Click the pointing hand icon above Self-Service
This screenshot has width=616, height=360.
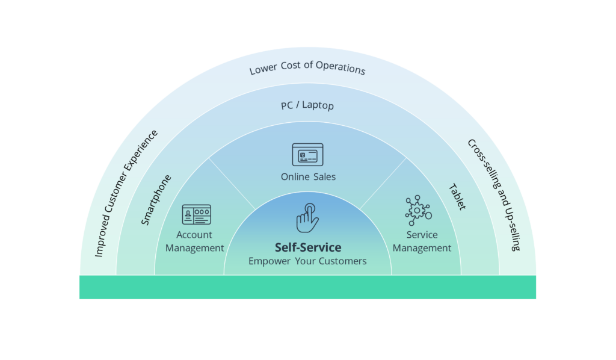(307, 217)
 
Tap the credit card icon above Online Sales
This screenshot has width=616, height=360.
(307, 155)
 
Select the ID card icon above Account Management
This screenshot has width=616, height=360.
(196, 215)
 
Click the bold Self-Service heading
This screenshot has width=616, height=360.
(307, 247)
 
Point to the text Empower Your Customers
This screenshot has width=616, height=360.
(307, 261)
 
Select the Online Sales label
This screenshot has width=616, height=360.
(307, 177)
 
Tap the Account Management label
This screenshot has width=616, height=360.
(195, 241)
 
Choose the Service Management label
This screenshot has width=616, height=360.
(422, 241)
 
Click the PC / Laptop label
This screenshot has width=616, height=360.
(307, 106)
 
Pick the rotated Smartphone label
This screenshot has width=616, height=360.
(156, 200)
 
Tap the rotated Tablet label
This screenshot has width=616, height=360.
(457, 197)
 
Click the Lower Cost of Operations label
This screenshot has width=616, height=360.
(307, 68)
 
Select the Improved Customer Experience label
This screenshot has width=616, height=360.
(126, 193)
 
